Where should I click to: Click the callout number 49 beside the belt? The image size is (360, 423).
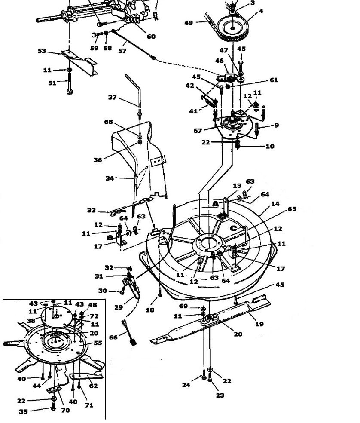[189, 23]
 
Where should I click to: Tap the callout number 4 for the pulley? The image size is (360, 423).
[261, 11]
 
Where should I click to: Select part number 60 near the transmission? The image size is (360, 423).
[151, 37]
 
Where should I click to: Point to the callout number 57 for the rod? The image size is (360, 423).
[122, 51]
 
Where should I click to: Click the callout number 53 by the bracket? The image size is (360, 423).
[42, 51]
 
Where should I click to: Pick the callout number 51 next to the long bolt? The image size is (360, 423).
[52, 83]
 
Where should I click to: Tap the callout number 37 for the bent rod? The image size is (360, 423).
[112, 98]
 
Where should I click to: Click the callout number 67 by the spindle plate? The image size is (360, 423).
[198, 131]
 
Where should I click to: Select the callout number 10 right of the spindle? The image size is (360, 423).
[270, 146]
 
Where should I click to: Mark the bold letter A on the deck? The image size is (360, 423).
[216, 204]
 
